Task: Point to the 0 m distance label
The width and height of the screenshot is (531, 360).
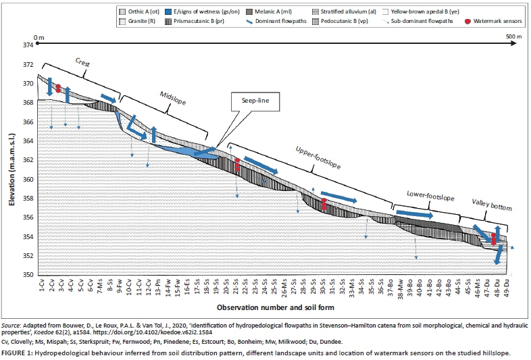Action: pos(40,36)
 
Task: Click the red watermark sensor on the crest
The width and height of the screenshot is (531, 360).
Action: pos(59,88)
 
